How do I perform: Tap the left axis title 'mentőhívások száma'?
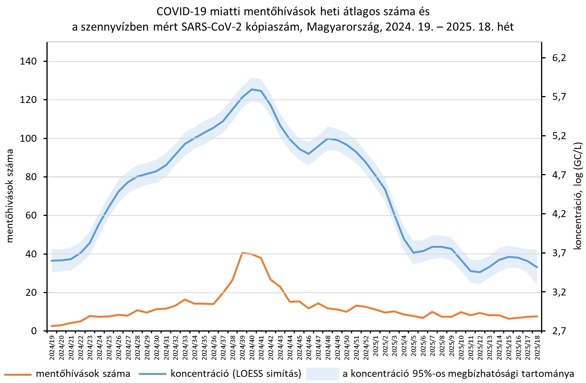[x=10, y=196]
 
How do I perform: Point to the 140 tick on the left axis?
[x=28, y=61]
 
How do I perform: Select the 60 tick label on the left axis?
[x=31, y=216]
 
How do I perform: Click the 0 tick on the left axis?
[x=34, y=331]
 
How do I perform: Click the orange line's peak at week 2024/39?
[x=242, y=253]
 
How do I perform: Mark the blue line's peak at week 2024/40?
[x=252, y=89]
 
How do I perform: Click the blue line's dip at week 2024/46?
[x=309, y=154]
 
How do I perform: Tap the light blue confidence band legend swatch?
[x=322, y=374]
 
